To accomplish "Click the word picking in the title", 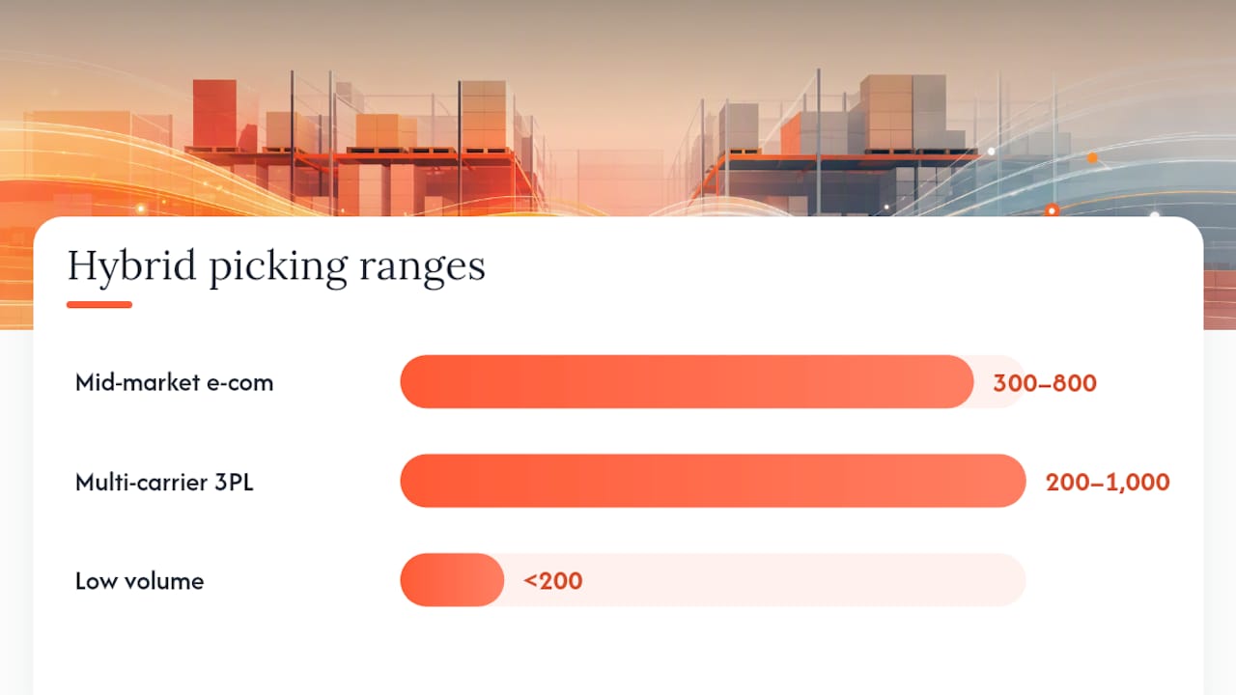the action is point(278,267).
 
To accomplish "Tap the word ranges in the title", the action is point(423,270).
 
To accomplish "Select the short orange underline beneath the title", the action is point(99,304).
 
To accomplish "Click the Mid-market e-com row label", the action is point(175,382).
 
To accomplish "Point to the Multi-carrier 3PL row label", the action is point(164,482).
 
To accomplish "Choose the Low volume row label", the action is point(140,581).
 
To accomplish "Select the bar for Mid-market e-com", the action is point(687,381).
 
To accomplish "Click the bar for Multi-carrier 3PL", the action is point(713,481).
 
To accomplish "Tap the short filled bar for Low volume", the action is point(452,580).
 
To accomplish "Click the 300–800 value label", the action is point(1045,383).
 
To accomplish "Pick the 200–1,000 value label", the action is point(1108,482).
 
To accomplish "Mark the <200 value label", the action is point(553,581).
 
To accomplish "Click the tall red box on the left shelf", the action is point(214,114).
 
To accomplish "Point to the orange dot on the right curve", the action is point(1092,157).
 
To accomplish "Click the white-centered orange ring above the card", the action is point(1052,210).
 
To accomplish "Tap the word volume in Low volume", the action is point(164,581).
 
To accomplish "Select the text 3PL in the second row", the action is point(234,482).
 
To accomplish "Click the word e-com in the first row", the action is point(240,383).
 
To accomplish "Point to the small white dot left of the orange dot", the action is point(991,152).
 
